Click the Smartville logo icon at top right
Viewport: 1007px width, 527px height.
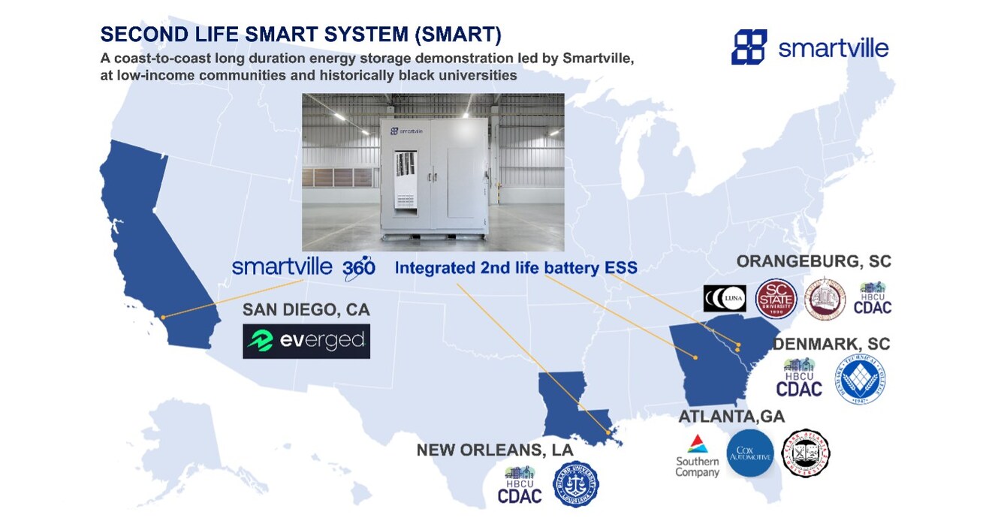[749, 47]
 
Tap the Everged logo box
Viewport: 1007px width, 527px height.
[306, 341]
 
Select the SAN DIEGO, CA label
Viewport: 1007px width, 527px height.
[306, 309]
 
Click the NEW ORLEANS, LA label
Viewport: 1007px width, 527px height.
[494, 450]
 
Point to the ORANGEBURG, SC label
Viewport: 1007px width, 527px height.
[813, 262]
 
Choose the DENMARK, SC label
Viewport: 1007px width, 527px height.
[831, 343]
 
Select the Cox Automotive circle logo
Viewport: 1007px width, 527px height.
[750, 453]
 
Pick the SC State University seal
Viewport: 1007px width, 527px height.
[774, 298]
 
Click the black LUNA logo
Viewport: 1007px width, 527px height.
[725, 298]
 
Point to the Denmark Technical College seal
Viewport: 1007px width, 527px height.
[861, 379]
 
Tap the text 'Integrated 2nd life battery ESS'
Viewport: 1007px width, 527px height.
[516, 268]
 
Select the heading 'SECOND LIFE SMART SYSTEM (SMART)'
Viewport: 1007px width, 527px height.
[301, 35]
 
